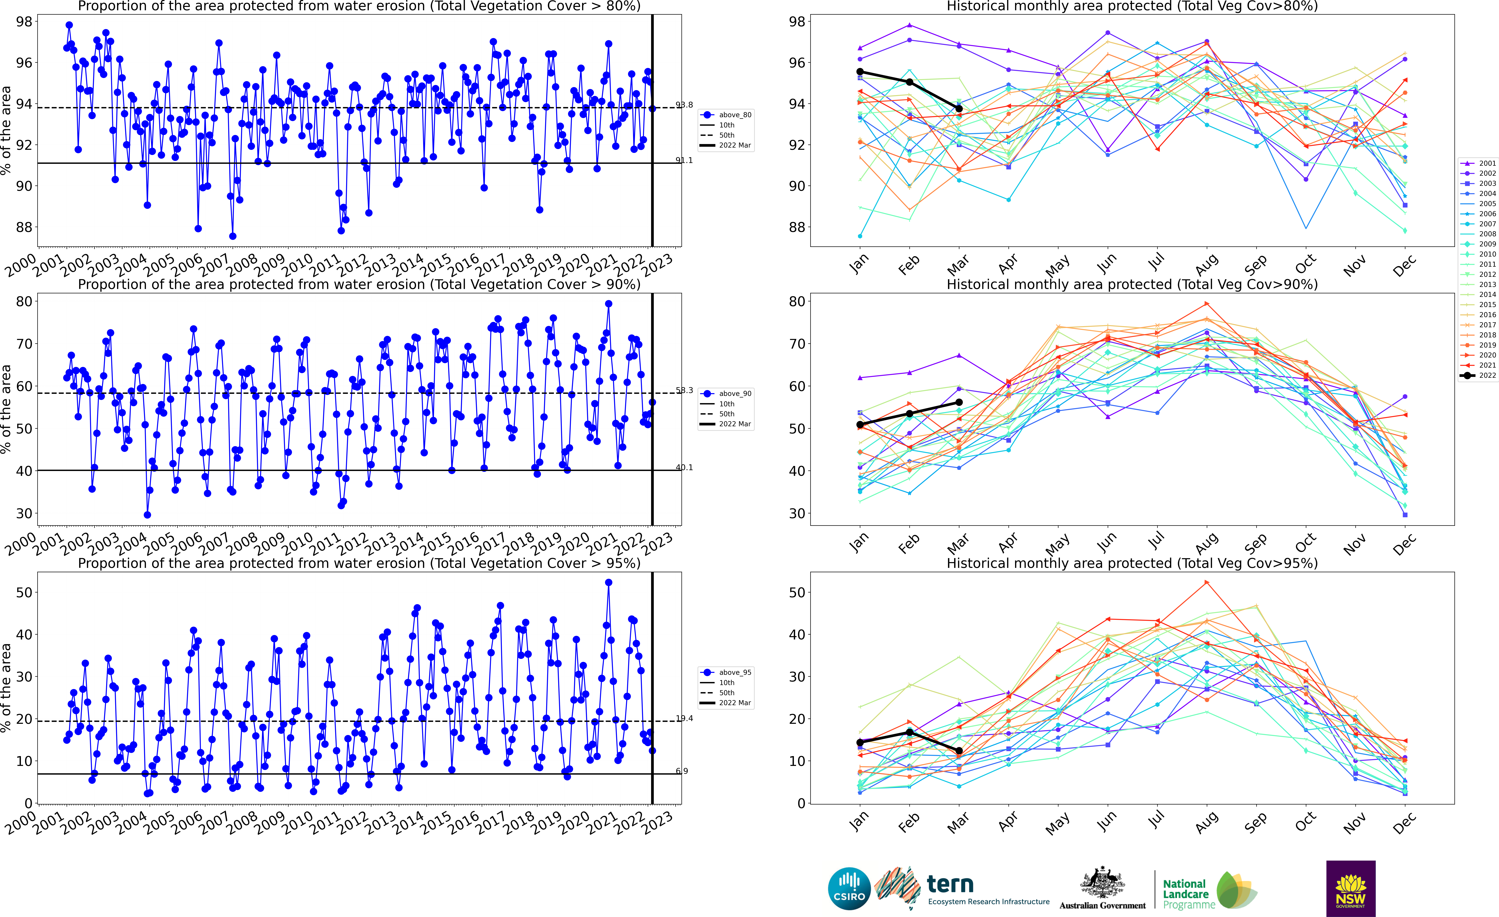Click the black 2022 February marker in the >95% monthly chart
pos(910,732)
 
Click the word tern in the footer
pos(950,884)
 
